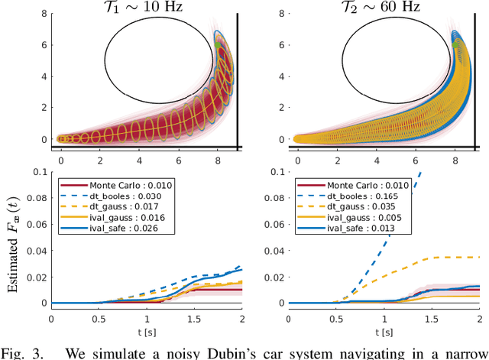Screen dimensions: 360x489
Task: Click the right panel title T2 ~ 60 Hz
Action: [x=386, y=8]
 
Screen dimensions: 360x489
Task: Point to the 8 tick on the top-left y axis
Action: [x=44, y=13]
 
